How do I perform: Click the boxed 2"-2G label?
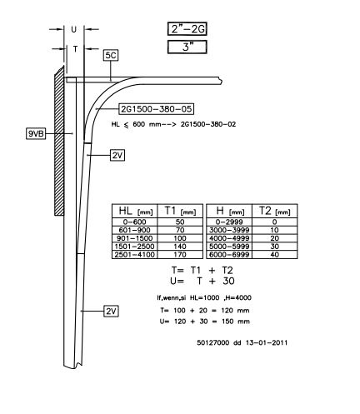point(187,29)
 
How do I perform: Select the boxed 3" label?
point(187,47)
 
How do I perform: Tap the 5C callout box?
point(111,56)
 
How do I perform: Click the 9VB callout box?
point(36,133)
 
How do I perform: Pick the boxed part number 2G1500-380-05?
point(156,109)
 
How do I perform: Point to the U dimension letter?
point(74,29)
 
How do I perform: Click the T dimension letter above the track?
point(75,49)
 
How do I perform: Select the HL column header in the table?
point(135,211)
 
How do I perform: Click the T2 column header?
point(274,211)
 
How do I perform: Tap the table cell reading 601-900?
point(135,230)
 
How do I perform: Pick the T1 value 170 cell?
point(180,255)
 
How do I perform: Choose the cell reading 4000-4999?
point(229,238)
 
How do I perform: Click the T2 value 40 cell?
point(274,255)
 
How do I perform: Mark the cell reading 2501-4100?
point(135,255)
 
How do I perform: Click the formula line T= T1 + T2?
point(202,270)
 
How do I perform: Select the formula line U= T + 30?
point(202,281)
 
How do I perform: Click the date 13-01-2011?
point(267,342)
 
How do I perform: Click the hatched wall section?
point(59,142)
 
